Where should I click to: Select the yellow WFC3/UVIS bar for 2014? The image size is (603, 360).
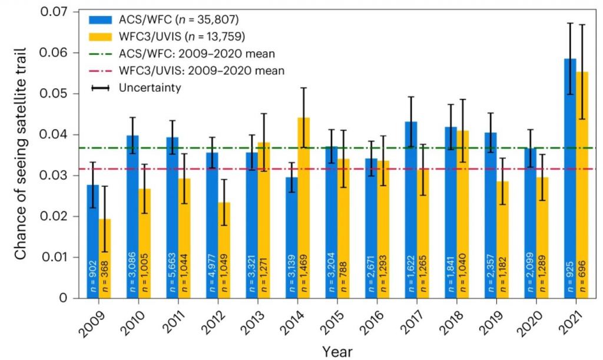(304, 206)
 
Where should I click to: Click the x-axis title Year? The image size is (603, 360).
(337, 352)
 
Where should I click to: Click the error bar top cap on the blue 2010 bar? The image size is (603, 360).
(134, 118)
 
